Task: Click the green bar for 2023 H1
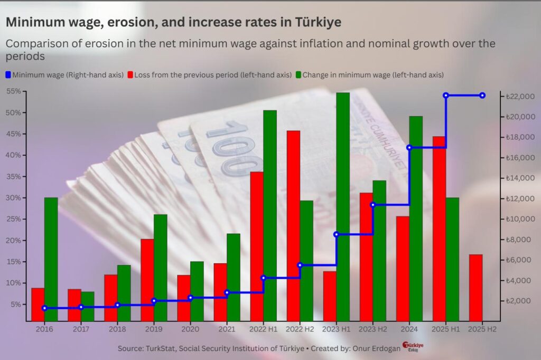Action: click(343, 206)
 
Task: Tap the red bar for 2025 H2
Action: click(475, 288)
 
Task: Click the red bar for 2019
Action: click(147, 280)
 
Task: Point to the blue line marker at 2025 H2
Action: click(482, 96)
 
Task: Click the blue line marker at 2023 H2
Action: click(373, 205)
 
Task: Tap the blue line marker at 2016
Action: click(44, 308)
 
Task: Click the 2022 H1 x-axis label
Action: click(263, 329)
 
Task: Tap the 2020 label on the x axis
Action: click(190, 329)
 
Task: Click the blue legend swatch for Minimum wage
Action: click(8, 75)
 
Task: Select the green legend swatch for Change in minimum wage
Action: click(299, 75)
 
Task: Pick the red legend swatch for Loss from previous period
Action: click(130, 75)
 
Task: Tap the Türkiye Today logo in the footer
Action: click(413, 347)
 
